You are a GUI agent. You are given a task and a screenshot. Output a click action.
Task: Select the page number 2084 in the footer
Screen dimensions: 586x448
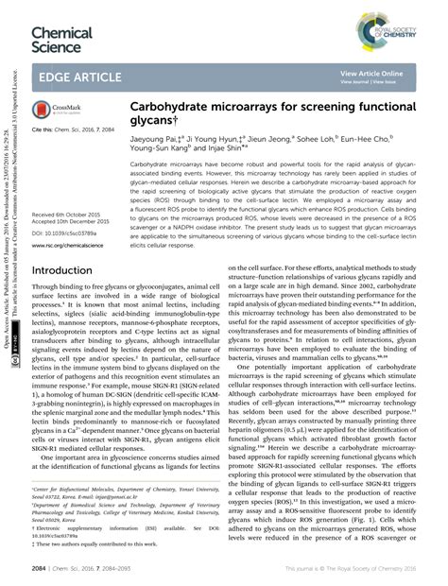41,569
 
